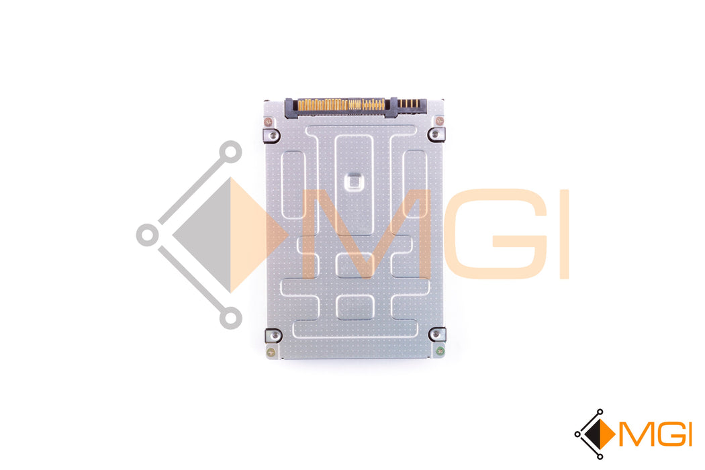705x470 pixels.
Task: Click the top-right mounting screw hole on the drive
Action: click(435, 134)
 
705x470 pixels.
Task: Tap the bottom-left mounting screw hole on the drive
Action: click(273, 335)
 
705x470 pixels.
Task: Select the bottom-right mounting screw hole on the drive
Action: click(436, 334)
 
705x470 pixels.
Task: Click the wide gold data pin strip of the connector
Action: click(342, 105)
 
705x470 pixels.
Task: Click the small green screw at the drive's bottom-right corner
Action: click(440, 350)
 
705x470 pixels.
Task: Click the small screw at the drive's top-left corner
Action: click(268, 122)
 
